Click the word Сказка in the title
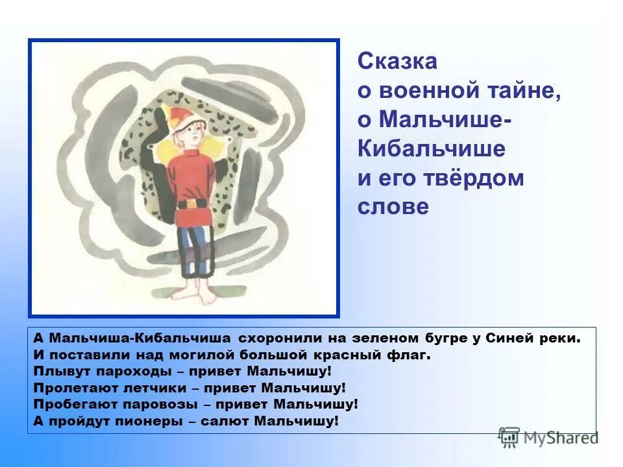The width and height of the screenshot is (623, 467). [397, 62]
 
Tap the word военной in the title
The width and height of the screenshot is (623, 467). [426, 91]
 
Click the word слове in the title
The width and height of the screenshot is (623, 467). [393, 207]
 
